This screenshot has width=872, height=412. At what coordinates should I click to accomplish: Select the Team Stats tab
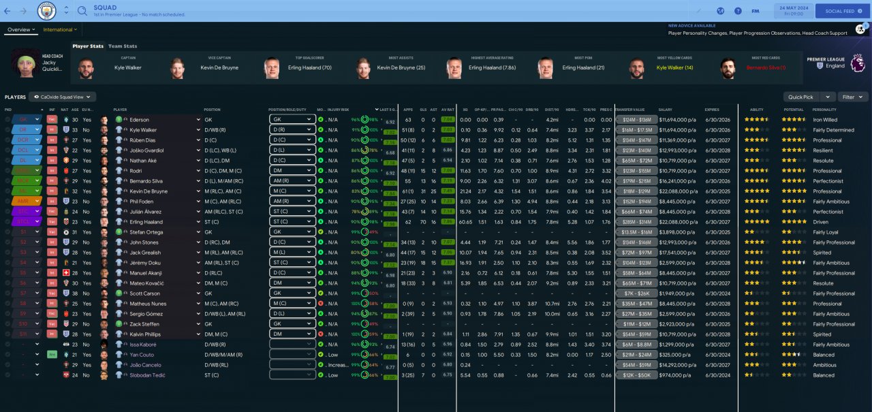pos(123,46)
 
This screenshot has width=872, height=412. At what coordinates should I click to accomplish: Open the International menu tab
pos(60,30)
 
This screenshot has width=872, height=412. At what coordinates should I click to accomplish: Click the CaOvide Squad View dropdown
pos(63,97)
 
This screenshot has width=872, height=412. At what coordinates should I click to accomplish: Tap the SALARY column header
pos(666,110)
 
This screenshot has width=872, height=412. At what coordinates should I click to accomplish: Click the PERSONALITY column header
pos(824,110)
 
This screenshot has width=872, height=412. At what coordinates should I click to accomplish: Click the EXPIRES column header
pos(712,110)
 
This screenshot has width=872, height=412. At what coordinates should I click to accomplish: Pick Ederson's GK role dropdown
pos(292,119)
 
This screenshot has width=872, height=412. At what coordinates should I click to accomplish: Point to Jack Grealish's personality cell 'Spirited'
pos(822,252)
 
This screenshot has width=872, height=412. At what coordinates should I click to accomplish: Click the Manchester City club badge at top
pos(47,11)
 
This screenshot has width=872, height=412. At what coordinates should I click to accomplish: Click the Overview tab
pos(20,30)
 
